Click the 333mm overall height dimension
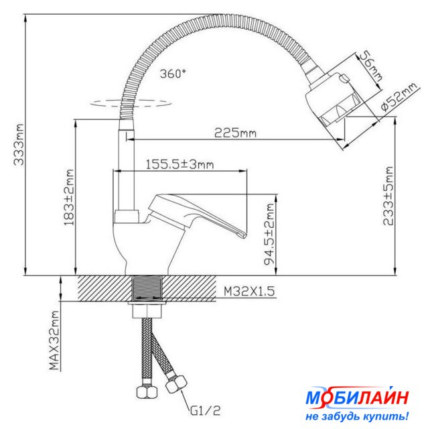pyautogui.click(x=19, y=145)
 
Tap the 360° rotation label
pyautogui.click(x=173, y=74)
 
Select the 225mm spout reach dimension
pyautogui.click(x=236, y=133)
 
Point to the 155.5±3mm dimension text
pyautogui.click(x=180, y=164)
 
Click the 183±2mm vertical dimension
pyautogui.click(x=69, y=197)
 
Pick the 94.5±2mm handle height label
pyautogui.click(x=269, y=235)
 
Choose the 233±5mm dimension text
pyautogui.click(x=388, y=196)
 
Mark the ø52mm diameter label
pyautogui.click(x=399, y=97)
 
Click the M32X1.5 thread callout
pyautogui.click(x=249, y=292)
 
